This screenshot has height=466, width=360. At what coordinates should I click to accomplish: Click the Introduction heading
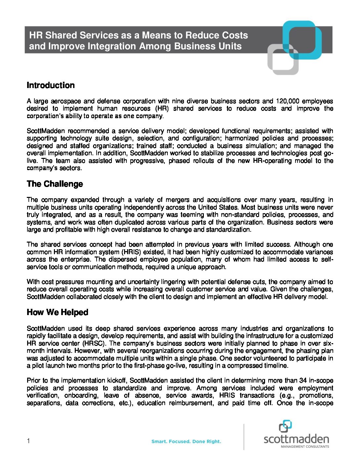[51, 85]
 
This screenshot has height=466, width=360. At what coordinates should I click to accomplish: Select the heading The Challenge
[55, 184]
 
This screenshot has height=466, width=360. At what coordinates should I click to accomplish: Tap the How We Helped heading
[57, 312]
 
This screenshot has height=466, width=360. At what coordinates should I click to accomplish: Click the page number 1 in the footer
[28, 441]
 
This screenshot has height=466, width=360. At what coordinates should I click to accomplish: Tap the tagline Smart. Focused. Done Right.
[186, 442]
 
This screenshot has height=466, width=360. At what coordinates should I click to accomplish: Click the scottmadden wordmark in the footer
[296, 439]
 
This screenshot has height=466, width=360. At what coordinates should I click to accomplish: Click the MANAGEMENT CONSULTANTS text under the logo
[305, 446]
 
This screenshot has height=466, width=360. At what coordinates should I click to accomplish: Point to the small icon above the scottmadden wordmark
[285, 426]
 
